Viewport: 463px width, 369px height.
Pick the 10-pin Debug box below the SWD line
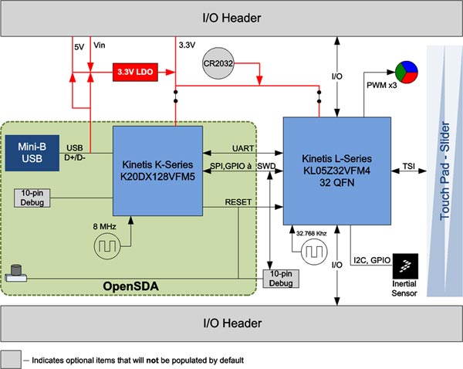[282, 279]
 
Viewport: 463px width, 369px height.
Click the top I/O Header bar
[231, 17]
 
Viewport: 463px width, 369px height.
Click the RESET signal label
[242, 201]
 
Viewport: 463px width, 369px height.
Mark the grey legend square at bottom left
[12, 358]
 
